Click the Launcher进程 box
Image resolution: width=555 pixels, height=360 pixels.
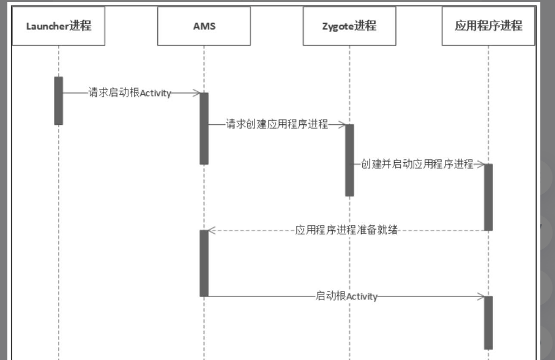59,26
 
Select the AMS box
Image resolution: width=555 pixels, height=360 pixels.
204,26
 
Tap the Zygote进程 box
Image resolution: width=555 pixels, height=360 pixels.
349,26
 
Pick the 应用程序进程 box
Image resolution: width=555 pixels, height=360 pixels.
488,26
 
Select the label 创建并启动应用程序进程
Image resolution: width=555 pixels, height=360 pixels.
417,164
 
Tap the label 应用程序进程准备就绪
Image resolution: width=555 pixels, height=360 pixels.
347,231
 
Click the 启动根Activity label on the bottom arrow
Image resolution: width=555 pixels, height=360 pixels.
346,296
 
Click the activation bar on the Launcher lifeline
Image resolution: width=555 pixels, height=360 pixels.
59,100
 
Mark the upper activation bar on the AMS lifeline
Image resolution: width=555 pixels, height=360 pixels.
204,128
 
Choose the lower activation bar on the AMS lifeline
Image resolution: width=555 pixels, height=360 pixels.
204,263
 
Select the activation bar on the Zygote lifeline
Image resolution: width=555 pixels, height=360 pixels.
349,160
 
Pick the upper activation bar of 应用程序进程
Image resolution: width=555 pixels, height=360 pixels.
488,197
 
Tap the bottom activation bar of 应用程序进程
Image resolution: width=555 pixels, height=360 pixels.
488,323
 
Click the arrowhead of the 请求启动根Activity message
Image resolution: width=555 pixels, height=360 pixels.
197,93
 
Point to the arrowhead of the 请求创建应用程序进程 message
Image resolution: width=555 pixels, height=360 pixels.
343,125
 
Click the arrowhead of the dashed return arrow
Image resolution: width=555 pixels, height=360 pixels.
211,231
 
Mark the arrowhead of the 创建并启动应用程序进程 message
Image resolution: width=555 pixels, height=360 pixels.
482,164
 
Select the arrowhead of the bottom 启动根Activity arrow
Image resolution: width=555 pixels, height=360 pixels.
482,296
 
